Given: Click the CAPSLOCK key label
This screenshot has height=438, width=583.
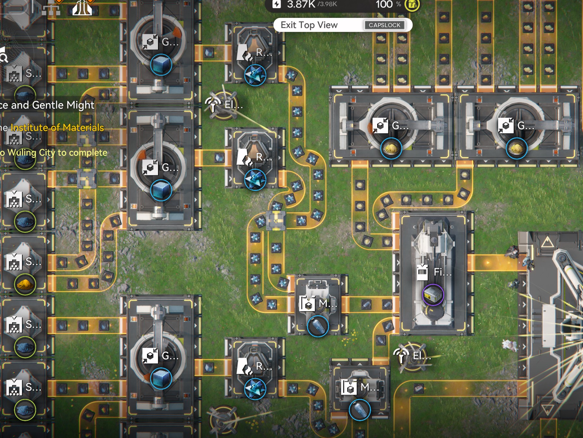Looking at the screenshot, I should point(384,25).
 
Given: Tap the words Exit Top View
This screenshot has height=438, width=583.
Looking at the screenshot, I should point(309,25).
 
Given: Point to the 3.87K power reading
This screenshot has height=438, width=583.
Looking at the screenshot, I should point(301,4).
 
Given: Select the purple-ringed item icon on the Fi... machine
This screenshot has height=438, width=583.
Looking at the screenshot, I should point(433,295).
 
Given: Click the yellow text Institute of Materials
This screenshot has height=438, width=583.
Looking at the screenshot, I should point(57,127).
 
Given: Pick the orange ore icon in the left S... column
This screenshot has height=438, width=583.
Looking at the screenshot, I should point(25,285).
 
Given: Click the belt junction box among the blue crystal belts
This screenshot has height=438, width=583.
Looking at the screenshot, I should point(276,220).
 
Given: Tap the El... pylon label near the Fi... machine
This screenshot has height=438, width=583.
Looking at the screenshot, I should point(421,356).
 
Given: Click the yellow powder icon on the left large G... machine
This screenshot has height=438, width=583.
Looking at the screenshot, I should point(391,149).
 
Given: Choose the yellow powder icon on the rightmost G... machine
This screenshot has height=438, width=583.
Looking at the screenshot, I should point(516,149).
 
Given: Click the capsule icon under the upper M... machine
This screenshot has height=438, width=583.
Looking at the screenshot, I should point(318,326).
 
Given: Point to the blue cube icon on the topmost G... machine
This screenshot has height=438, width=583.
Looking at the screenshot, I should point(161,64).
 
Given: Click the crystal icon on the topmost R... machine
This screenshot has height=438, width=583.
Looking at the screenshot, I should point(255,75).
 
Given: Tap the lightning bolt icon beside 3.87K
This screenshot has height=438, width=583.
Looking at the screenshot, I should point(276,4).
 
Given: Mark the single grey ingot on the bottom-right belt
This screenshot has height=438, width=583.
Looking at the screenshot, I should point(418,388).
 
